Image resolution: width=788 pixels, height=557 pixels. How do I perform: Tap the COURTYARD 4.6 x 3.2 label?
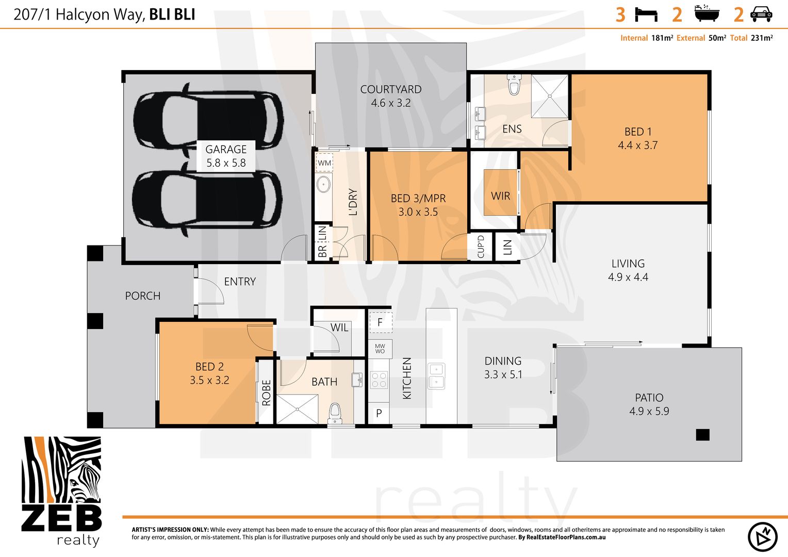tap(391, 96)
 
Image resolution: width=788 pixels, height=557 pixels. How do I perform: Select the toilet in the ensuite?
tap(514, 85)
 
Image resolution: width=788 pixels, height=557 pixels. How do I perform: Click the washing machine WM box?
tap(324, 162)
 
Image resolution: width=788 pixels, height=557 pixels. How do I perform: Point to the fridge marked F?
tap(381, 322)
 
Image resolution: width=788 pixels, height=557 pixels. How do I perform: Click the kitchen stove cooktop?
tap(379, 380)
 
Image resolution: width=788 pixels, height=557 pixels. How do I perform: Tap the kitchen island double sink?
tap(436, 375)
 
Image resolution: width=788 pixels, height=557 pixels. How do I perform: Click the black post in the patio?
tap(702, 435)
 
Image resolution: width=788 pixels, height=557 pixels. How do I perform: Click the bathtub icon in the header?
tap(706, 13)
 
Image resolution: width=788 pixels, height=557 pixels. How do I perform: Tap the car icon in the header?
tap(761, 14)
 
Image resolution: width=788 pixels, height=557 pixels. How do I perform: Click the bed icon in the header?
tap(646, 14)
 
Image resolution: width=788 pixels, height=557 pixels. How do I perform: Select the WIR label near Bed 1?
tap(500, 196)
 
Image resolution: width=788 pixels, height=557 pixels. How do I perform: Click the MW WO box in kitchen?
tap(380, 349)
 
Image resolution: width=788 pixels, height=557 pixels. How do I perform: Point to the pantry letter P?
tap(379, 413)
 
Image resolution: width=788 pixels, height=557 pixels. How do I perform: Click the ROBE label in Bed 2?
tap(266, 392)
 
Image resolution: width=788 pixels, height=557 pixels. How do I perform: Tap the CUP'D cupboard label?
tap(481, 247)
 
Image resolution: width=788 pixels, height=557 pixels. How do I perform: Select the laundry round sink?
tap(323, 184)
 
